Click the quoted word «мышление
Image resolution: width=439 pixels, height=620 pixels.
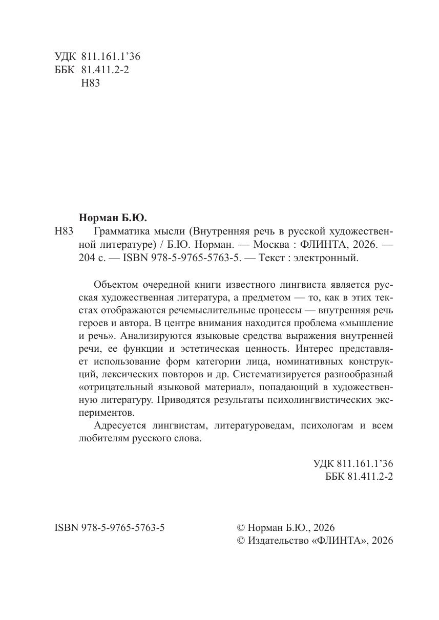point(365,323)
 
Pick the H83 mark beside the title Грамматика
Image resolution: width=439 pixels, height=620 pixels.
point(64,231)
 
